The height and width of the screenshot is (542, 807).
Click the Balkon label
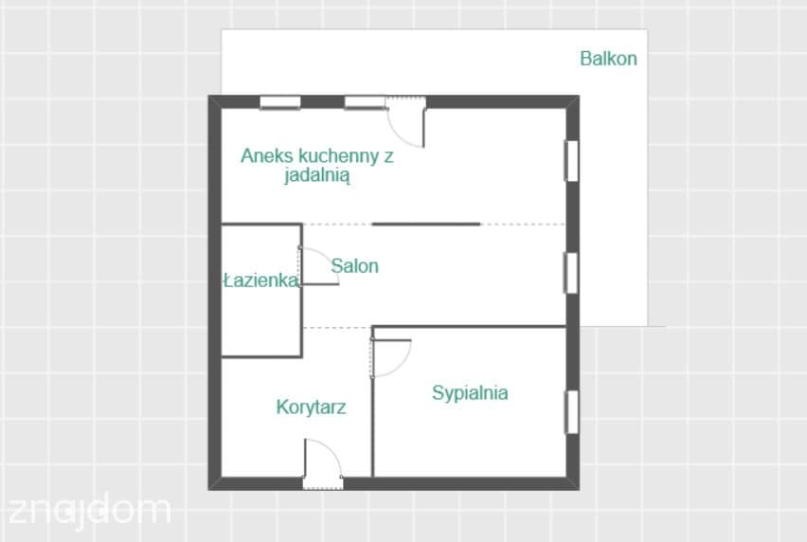(x=608, y=59)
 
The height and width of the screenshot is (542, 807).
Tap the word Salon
(x=354, y=266)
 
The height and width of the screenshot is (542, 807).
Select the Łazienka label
(x=260, y=280)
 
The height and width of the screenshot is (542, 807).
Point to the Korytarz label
(x=311, y=407)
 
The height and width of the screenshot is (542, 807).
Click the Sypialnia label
(x=470, y=393)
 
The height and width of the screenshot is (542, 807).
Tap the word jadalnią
(x=317, y=175)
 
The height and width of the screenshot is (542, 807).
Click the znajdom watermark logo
(x=90, y=512)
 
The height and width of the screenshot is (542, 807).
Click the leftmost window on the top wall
(x=280, y=102)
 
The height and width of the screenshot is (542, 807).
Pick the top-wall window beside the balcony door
(x=365, y=102)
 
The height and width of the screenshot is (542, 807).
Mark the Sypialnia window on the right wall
(x=572, y=412)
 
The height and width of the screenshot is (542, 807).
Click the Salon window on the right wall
(x=572, y=273)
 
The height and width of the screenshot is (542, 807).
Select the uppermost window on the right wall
(x=572, y=160)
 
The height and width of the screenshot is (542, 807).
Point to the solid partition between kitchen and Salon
(x=426, y=225)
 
